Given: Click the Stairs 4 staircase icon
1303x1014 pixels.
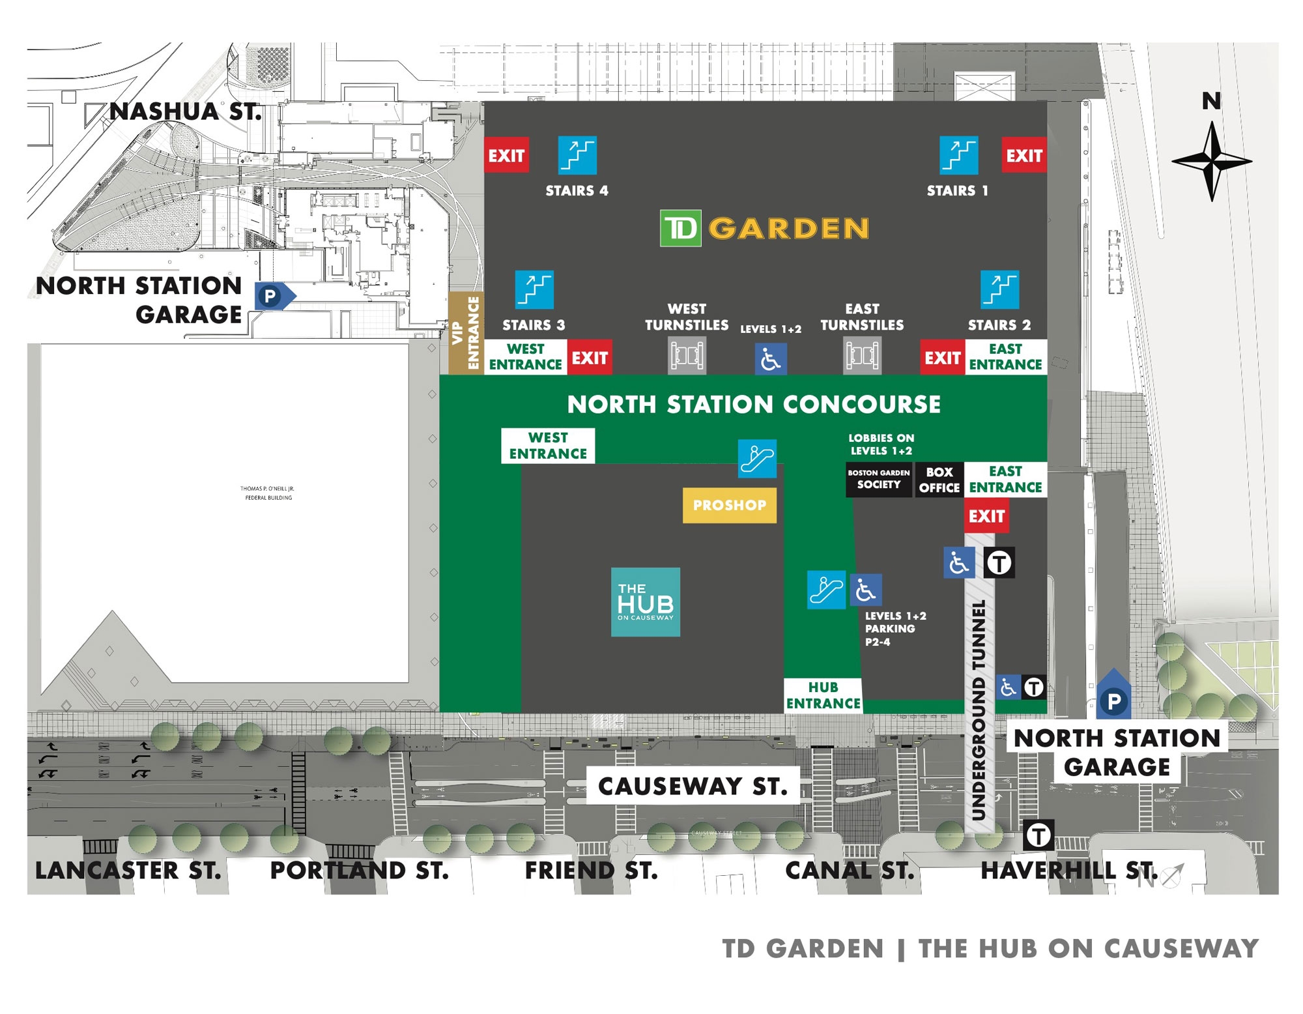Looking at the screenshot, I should pyautogui.click(x=577, y=155).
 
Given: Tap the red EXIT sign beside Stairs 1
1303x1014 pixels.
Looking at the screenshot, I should pyautogui.click(x=1024, y=155).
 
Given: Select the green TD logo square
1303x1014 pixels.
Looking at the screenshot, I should pyautogui.click(x=680, y=228).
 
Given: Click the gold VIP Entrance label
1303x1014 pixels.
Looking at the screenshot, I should pyautogui.click(x=466, y=333).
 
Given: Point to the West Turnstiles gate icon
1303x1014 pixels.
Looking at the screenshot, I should pyautogui.click(x=687, y=356).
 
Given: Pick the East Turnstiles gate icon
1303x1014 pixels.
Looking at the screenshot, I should pyautogui.click(x=862, y=356).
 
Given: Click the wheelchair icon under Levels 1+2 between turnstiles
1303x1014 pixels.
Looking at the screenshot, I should pyautogui.click(x=771, y=359).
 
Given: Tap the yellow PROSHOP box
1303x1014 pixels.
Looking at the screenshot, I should pyautogui.click(x=729, y=505).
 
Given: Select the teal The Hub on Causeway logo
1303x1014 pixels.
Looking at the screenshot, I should pyautogui.click(x=645, y=601).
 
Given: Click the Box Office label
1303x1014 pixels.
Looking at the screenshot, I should pyautogui.click(x=939, y=480).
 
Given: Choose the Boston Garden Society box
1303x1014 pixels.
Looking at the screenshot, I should pyautogui.click(x=878, y=480).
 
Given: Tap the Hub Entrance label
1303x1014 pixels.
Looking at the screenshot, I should pyautogui.click(x=823, y=695).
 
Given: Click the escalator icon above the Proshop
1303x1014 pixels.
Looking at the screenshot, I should pyautogui.click(x=757, y=459).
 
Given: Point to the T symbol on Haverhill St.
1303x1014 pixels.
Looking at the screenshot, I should pyautogui.click(x=1038, y=835).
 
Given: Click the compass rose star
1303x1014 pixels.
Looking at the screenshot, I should pyautogui.click(x=1211, y=162).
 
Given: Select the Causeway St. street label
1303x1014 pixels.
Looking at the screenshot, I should pyautogui.click(x=693, y=786).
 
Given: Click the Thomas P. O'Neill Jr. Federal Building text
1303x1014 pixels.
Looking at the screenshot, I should pyautogui.click(x=268, y=493).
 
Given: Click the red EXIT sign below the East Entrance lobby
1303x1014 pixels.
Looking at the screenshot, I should pyautogui.click(x=986, y=516).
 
